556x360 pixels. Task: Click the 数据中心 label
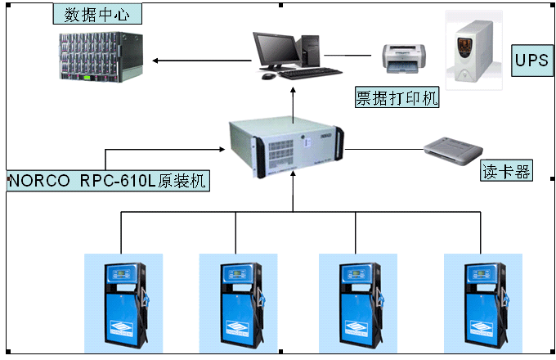(x=96, y=14)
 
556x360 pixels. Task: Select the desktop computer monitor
(x=273, y=49)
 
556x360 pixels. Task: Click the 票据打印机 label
(x=397, y=98)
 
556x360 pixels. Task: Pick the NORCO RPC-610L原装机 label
(x=107, y=180)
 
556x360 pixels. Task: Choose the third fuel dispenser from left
(x=356, y=304)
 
